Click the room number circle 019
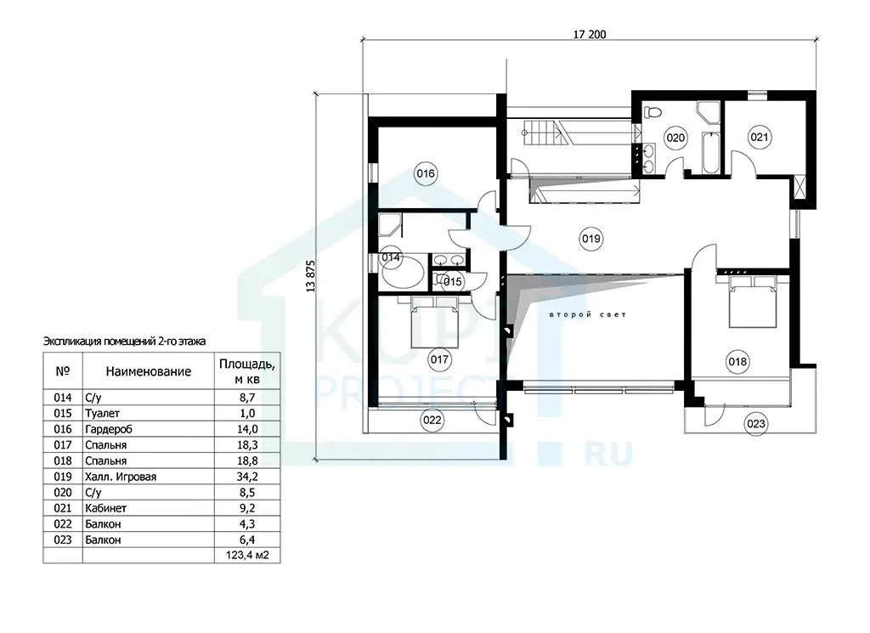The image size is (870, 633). point(590,239)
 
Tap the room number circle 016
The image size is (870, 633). point(426,173)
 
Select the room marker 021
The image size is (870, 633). point(759,137)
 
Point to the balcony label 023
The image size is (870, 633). point(755,424)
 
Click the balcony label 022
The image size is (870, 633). point(432,420)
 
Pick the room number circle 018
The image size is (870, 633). point(737,362)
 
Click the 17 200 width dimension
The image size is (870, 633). point(590,34)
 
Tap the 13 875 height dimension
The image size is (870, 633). point(310,276)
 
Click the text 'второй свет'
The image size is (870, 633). point(588,314)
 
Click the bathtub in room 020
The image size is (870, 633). point(709,153)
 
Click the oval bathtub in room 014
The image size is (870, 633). point(402,271)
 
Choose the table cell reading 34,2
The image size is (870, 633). point(247,477)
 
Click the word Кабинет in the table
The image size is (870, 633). point(106,508)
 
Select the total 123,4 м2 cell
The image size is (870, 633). point(247,556)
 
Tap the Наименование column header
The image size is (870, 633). point(148,371)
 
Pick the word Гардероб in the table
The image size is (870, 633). point(109,429)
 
